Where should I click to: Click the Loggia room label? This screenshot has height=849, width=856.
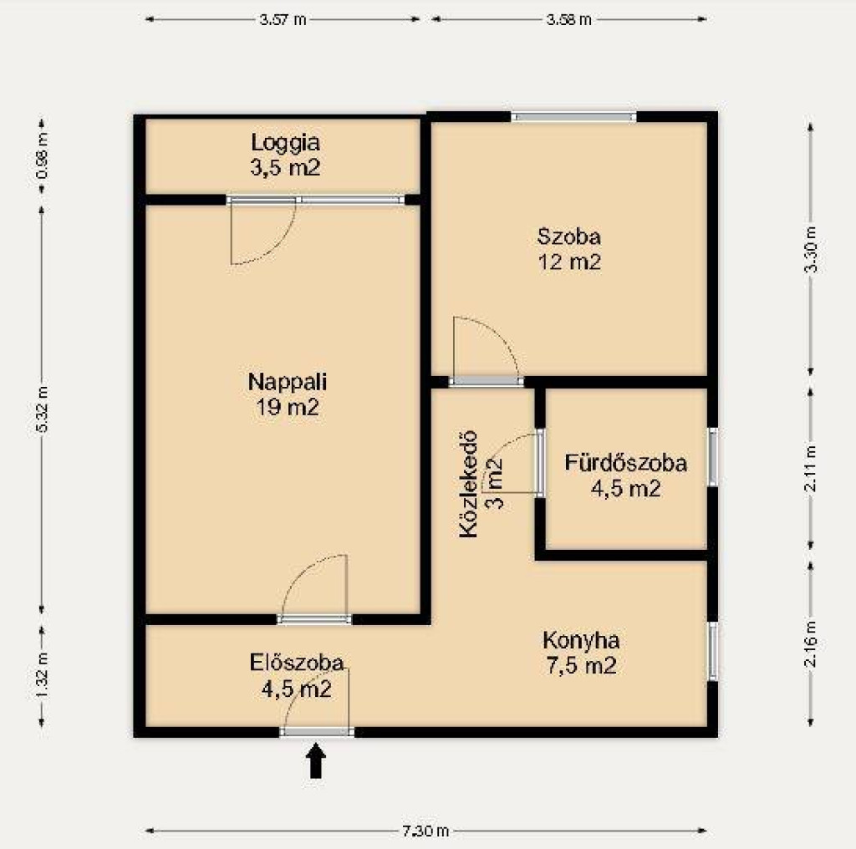click(285, 155)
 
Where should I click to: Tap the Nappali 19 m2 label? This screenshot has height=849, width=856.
click(288, 394)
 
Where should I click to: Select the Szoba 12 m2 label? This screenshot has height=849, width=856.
click(568, 249)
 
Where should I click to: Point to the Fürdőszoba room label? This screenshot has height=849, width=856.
click(625, 475)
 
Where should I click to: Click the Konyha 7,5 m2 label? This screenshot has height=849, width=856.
click(581, 653)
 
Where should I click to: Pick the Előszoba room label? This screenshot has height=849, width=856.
click(297, 676)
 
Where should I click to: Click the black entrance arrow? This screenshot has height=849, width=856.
click(315, 760)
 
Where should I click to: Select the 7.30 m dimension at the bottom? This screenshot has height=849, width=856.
click(425, 831)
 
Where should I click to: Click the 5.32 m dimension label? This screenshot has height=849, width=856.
click(42, 409)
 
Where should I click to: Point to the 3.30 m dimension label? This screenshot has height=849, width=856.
click(811, 249)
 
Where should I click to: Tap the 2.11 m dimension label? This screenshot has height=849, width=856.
click(811, 468)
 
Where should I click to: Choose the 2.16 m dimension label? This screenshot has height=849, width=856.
click(811, 643)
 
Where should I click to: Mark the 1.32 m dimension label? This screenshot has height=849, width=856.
click(42, 674)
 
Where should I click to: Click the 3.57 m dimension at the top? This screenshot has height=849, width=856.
click(283, 20)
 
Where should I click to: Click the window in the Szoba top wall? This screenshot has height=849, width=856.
click(573, 116)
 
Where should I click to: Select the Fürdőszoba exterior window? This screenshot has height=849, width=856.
click(712, 457)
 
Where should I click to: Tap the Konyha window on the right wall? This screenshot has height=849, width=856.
click(712, 651)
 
